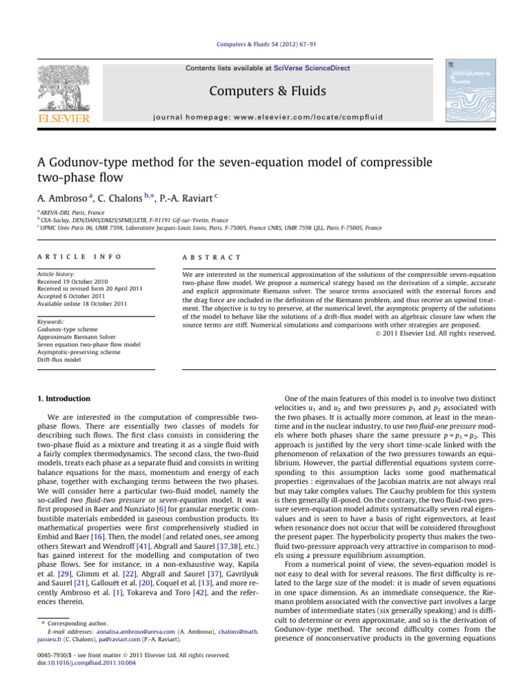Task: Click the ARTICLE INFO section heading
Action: coord(66,257)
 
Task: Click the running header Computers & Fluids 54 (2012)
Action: coord(262,45)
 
